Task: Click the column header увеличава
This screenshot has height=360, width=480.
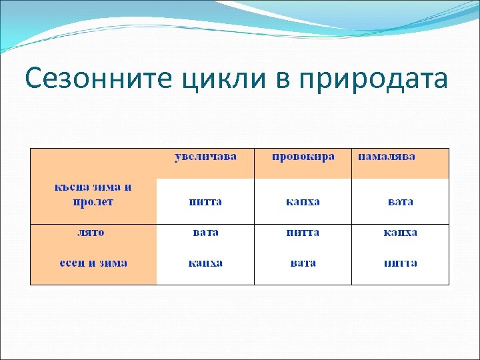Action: coord(205,157)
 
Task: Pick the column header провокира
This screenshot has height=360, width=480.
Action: coord(303,157)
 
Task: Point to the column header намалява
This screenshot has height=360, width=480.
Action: coord(387,157)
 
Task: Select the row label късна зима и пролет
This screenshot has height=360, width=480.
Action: coord(93,194)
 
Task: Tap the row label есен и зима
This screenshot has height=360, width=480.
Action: coord(93,263)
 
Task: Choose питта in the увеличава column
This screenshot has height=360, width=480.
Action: coord(205,201)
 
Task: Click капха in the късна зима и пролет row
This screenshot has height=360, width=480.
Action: coord(303,201)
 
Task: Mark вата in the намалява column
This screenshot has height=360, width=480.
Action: coord(400,201)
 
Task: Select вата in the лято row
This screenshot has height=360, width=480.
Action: coord(205,233)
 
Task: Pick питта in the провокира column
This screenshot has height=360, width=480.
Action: coord(303,233)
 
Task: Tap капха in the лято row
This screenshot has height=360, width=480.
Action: coord(400,233)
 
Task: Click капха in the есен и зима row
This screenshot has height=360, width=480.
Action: coord(205,263)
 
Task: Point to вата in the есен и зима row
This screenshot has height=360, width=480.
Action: coord(303,263)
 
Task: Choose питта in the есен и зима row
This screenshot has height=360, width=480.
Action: coord(400,263)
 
